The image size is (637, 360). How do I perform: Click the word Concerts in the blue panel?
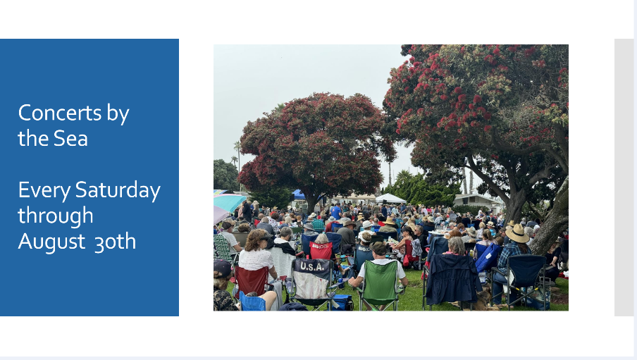(x=60, y=113)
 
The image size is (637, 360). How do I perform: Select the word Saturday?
(x=118, y=190)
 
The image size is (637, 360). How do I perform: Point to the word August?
(x=51, y=242)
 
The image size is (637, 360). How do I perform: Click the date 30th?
(x=115, y=242)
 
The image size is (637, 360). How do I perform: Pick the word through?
(x=55, y=216)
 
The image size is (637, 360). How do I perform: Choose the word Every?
(x=44, y=190)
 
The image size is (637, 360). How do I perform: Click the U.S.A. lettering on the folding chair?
(x=312, y=266)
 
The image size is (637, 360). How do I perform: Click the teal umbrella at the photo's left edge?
(x=229, y=201)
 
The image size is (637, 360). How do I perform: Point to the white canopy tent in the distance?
(x=390, y=199)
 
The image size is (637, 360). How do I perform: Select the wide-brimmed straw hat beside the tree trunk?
(x=517, y=233)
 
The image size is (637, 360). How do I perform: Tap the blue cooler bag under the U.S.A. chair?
(x=341, y=302)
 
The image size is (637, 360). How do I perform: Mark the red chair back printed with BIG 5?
(x=321, y=250)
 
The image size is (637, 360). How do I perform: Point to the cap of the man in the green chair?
(x=378, y=247)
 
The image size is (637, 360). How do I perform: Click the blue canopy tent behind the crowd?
(x=299, y=195)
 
